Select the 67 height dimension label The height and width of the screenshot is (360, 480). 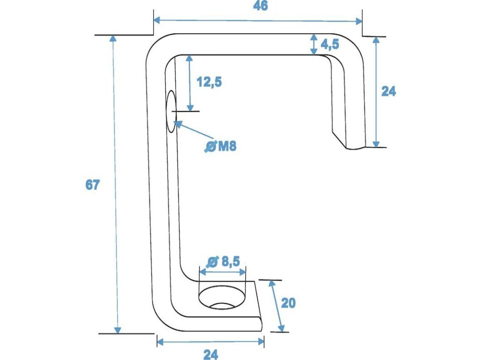pos(92,185)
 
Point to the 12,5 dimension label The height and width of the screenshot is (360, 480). pos(209,82)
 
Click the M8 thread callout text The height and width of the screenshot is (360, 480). pos(227,146)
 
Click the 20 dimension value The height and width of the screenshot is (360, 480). pos(288,303)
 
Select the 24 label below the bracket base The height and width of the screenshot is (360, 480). pos(210,354)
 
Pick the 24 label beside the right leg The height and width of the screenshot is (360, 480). pos(388,91)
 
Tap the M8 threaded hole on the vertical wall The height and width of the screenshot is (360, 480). pos(171,112)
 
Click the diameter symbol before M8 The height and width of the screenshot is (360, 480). pos(210,147)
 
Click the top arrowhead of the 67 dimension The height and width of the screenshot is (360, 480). pos(112,38)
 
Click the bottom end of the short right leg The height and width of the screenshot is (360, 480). pos(355,147)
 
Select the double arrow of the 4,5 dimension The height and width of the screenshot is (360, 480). pos(314,45)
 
